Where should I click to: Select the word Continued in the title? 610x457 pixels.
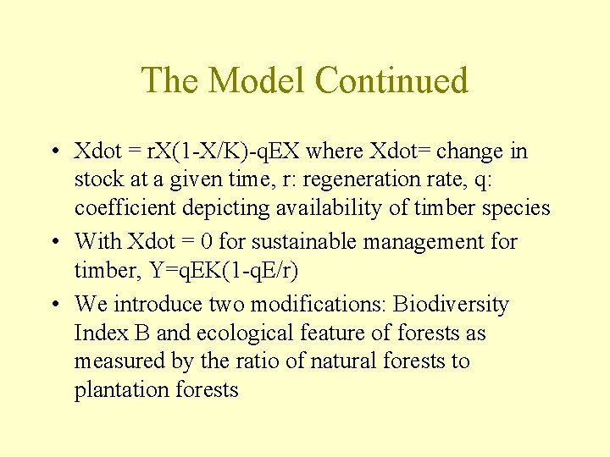click(x=391, y=80)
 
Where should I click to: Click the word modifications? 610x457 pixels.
click(x=320, y=304)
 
